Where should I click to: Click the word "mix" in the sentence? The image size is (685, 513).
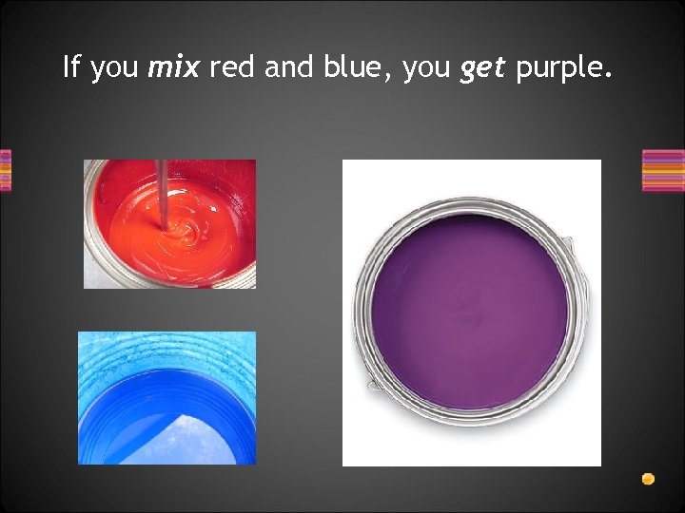(x=174, y=67)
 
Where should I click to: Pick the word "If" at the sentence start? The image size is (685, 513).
(x=71, y=67)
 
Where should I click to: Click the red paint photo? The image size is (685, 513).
(x=169, y=224)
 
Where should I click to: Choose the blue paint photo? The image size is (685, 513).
(x=166, y=398)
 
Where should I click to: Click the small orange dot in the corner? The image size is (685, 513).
(x=648, y=479)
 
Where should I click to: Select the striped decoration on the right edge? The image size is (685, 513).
(x=662, y=171)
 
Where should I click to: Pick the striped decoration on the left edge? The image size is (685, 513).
(x=6, y=171)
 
